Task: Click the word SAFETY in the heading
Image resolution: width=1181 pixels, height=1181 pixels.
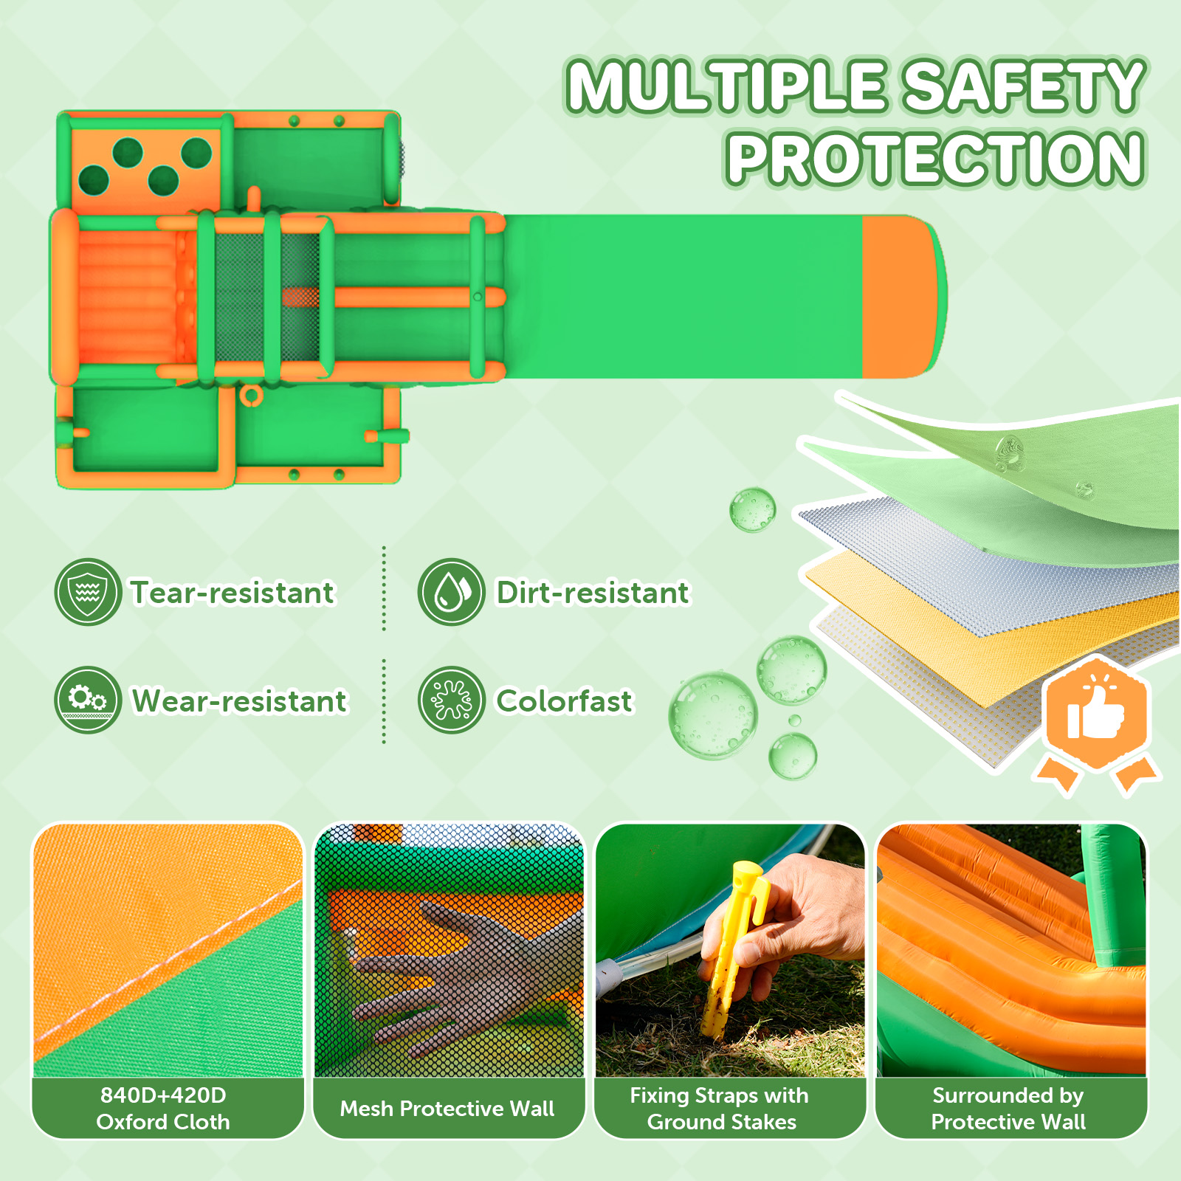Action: click(1024, 86)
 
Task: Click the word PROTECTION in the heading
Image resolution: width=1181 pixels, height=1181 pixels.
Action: click(935, 158)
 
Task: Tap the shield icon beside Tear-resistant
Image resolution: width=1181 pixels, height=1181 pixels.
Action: click(88, 592)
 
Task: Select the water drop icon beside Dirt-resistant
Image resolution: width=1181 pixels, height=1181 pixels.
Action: click(451, 592)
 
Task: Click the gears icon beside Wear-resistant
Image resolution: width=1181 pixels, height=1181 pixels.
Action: click(88, 700)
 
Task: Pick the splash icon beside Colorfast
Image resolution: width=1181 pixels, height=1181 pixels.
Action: click(451, 700)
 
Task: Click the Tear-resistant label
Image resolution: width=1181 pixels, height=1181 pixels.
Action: click(233, 593)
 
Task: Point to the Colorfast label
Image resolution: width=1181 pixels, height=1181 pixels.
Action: click(565, 701)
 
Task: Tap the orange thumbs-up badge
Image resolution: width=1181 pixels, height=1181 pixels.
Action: click(1097, 715)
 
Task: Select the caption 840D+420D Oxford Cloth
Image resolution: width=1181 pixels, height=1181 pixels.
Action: click(163, 1108)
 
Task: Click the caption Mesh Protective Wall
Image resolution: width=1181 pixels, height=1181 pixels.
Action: click(447, 1109)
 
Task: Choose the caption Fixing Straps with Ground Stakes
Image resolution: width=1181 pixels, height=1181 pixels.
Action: click(720, 1108)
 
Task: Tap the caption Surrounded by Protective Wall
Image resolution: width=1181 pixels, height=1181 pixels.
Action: click(1008, 1108)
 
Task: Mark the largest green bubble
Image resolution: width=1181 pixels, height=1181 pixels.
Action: click(713, 715)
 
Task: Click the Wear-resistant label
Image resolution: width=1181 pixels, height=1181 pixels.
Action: click(239, 701)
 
